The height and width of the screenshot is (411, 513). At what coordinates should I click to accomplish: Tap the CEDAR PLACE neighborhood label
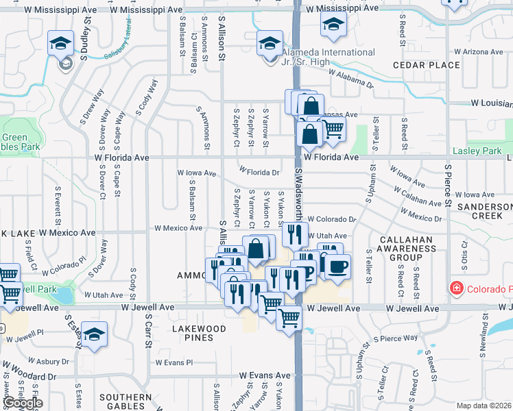(426, 65)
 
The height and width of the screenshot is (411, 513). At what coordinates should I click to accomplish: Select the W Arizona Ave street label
(479, 51)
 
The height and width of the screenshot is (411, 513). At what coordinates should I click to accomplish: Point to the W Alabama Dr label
(350, 77)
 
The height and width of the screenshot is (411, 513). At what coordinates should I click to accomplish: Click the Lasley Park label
(477, 151)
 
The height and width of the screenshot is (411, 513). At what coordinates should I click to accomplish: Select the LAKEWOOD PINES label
(199, 333)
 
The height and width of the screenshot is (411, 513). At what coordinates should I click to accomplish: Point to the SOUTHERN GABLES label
(125, 401)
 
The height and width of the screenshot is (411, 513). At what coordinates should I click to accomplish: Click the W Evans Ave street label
(265, 375)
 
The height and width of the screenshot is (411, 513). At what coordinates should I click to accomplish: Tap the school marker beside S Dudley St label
(60, 44)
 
